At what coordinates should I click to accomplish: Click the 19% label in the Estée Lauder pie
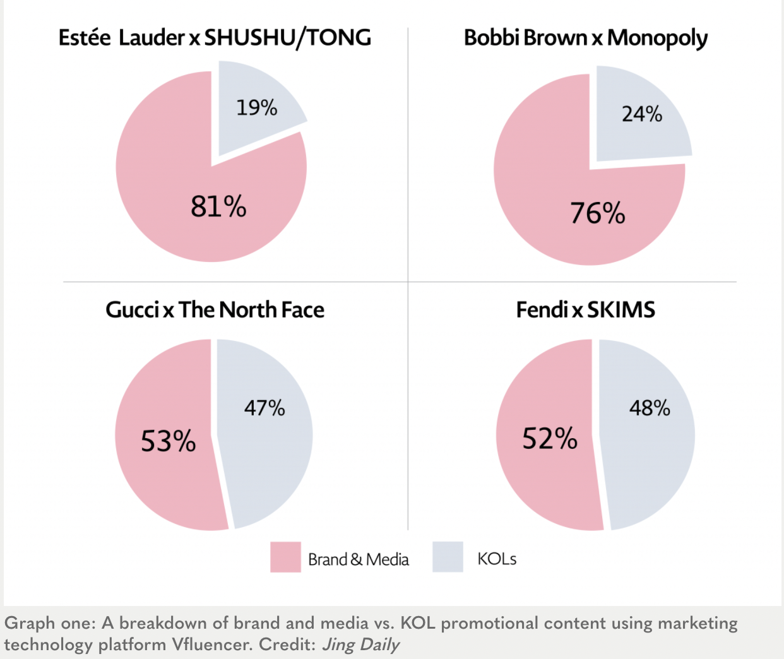pyautogui.click(x=257, y=108)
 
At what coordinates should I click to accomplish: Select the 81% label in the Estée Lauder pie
pyautogui.click(x=218, y=206)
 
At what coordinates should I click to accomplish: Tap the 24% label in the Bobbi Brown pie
pyautogui.click(x=642, y=114)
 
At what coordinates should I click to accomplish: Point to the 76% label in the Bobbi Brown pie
pyautogui.click(x=597, y=213)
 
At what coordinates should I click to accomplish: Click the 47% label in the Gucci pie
pyautogui.click(x=264, y=408)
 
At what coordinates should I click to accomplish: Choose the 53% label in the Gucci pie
pyautogui.click(x=168, y=441)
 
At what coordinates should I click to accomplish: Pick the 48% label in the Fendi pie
pyautogui.click(x=650, y=408)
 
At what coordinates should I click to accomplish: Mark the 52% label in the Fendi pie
pyautogui.click(x=549, y=439)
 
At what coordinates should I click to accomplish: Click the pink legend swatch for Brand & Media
pyautogui.click(x=285, y=557)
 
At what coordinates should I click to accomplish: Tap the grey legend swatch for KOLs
pyautogui.click(x=448, y=557)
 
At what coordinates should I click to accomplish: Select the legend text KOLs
pyautogui.click(x=497, y=559)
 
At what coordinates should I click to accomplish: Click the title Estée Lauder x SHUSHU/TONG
pyautogui.click(x=215, y=38)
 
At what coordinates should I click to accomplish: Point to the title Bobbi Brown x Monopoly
pyautogui.click(x=585, y=39)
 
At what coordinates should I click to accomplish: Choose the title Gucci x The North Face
pyautogui.click(x=215, y=310)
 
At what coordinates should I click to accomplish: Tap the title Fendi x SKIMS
pyautogui.click(x=585, y=310)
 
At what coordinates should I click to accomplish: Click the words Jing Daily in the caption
pyautogui.click(x=360, y=644)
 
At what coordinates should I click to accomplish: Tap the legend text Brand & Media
pyautogui.click(x=358, y=559)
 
